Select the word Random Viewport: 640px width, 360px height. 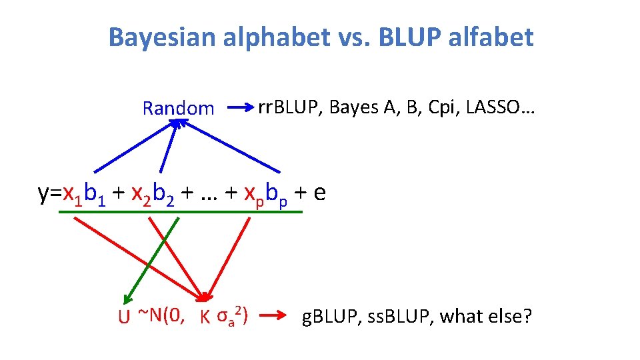(x=179, y=108)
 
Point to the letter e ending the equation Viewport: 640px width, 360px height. (x=319, y=193)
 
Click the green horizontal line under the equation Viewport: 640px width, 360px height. (x=180, y=212)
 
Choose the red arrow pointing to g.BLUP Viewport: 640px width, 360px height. (x=273, y=315)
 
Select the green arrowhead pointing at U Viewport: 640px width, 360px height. (x=128, y=301)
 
